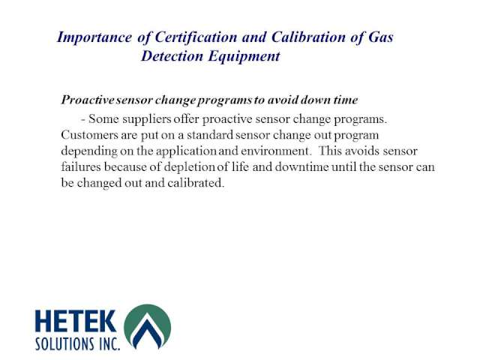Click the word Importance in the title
click(x=84, y=37)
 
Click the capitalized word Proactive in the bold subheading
click(x=85, y=100)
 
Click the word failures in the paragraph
click(x=80, y=166)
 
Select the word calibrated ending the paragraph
click(x=198, y=182)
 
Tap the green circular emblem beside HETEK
click(x=147, y=328)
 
